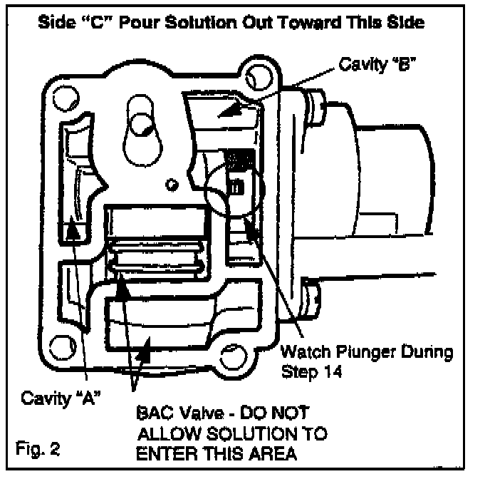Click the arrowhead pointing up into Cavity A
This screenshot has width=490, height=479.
[x=71, y=230]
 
